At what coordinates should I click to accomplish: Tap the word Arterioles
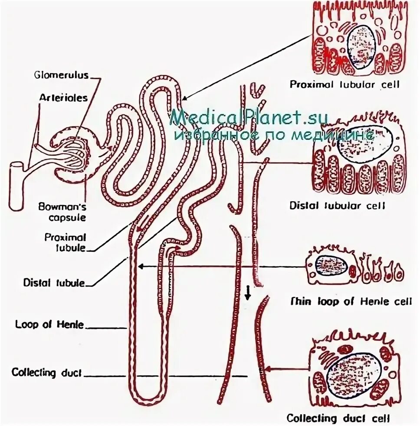coord(63,97)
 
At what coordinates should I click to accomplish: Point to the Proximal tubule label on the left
coord(66,243)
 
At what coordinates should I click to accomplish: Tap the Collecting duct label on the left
coord(46,373)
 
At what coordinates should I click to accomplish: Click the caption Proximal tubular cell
coord(345,84)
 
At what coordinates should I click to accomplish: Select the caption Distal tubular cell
coord(337,205)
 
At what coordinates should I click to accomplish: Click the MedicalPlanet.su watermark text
coord(249,116)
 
